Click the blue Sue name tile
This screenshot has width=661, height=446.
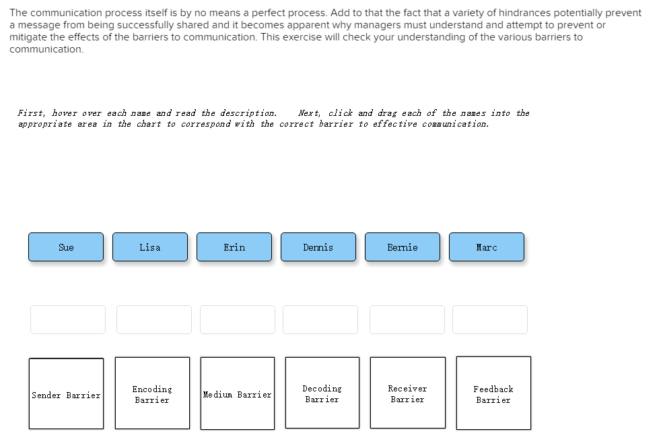pyautogui.click(x=66, y=247)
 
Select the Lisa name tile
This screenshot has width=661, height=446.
pyautogui.click(x=150, y=247)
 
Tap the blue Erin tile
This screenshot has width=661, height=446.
pyautogui.click(x=234, y=247)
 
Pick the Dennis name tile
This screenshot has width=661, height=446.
pyautogui.click(x=318, y=247)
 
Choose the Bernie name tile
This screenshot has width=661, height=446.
pyautogui.click(x=403, y=247)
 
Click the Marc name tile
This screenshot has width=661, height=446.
pyautogui.click(x=487, y=247)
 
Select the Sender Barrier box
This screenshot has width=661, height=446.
pyautogui.click(x=66, y=393)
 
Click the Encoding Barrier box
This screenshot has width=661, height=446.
pyautogui.click(x=152, y=393)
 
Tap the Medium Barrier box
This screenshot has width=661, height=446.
pyautogui.click(x=238, y=393)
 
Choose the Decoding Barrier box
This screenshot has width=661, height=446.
pyautogui.click(x=322, y=393)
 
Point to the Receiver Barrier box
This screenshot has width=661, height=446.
pyautogui.click(x=408, y=393)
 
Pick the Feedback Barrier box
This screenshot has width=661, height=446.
pyautogui.click(x=493, y=393)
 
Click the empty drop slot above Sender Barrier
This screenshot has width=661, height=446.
pyautogui.click(x=68, y=320)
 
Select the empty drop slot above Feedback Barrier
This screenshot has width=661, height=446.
pyautogui.click(x=490, y=320)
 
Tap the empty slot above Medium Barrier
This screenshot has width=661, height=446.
pyautogui.click(x=238, y=320)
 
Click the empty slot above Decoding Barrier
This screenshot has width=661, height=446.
pyautogui.click(x=320, y=320)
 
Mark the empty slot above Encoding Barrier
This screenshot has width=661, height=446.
pyautogui.click(x=154, y=320)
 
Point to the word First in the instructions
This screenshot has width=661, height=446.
pyautogui.click(x=31, y=113)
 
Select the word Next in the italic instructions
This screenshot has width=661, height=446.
pyautogui.click(x=310, y=113)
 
